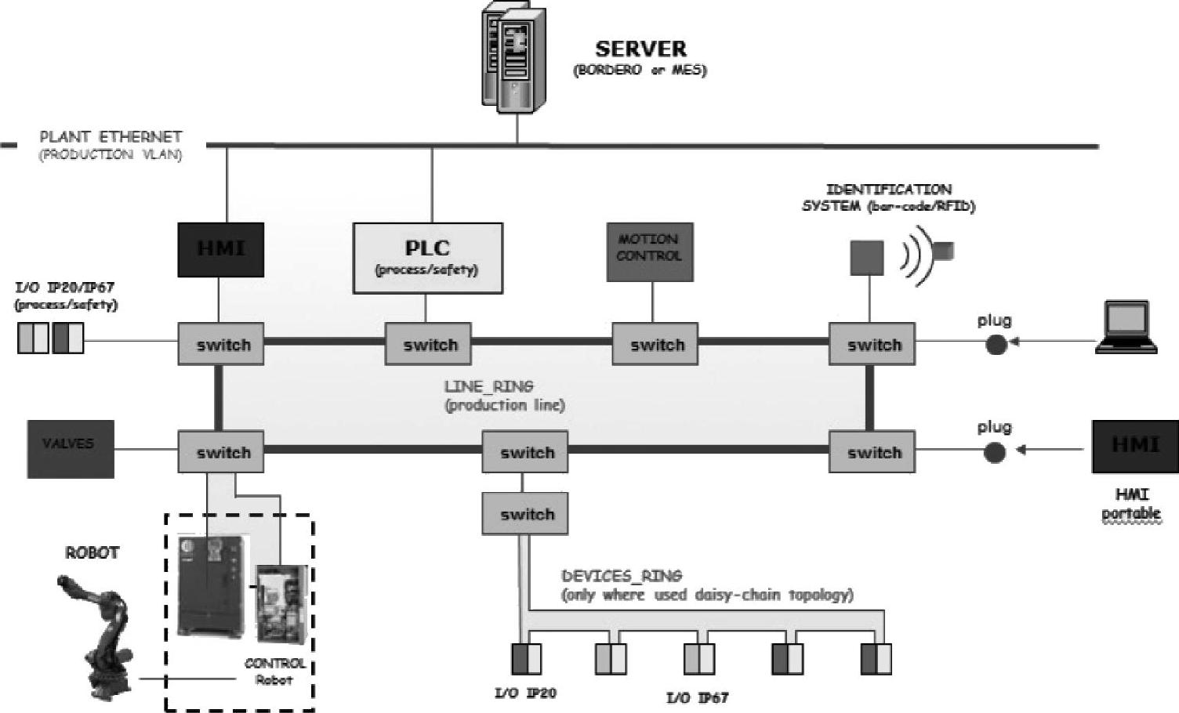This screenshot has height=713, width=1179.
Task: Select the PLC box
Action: [x=427, y=258]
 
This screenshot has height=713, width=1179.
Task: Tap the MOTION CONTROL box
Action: [x=649, y=252]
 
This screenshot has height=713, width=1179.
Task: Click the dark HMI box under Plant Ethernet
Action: [x=220, y=249]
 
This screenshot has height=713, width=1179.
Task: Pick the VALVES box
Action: [x=71, y=449]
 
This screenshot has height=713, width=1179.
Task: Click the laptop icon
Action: [x=1127, y=326]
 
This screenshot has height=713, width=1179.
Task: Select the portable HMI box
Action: [x=1134, y=447]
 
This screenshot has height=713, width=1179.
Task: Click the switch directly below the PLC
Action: [x=428, y=344]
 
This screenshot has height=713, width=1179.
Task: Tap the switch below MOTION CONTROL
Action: [x=655, y=344]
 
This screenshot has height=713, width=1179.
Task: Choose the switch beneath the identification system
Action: [x=872, y=344]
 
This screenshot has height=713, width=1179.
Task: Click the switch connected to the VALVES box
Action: [x=221, y=451]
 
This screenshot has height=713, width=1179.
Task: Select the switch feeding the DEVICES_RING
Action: [x=525, y=514]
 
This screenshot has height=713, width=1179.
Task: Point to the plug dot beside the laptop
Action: [x=996, y=344]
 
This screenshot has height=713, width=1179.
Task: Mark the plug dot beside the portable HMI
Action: [x=994, y=452]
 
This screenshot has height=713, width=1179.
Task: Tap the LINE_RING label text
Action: [x=488, y=386]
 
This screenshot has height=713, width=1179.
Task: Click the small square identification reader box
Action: [x=867, y=258]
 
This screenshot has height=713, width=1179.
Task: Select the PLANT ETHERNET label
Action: [x=111, y=137]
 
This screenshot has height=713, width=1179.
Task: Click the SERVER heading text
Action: [x=640, y=49]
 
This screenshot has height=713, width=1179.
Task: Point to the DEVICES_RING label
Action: [x=622, y=576]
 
